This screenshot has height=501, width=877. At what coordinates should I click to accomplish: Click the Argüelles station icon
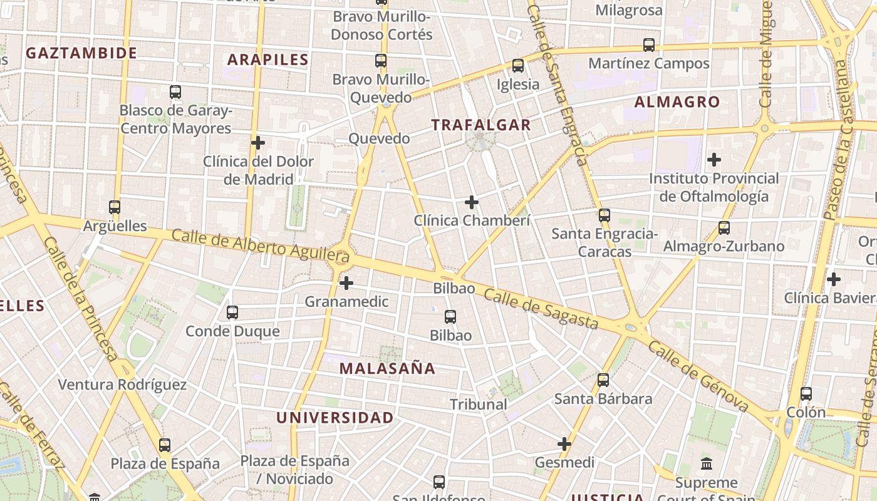(x=115, y=207)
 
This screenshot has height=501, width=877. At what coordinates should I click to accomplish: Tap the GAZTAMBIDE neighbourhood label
(x=81, y=53)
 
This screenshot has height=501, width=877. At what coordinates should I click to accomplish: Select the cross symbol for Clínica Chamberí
(x=472, y=202)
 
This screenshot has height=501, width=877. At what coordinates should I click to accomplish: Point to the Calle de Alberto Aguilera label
(x=260, y=245)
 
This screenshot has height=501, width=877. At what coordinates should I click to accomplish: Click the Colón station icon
(x=806, y=394)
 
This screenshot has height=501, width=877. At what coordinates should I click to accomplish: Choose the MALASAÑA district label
(x=387, y=368)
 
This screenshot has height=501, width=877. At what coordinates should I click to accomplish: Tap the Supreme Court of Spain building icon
(x=707, y=464)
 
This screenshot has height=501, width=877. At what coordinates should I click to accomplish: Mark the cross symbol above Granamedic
(x=346, y=283)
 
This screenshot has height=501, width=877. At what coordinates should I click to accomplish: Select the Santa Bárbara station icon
(x=603, y=380)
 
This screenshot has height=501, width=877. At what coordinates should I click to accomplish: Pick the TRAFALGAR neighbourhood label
(x=481, y=125)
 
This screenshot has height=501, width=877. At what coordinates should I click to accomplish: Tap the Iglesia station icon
(x=518, y=66)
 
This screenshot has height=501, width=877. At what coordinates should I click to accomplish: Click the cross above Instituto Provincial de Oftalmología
(x=714, y=160)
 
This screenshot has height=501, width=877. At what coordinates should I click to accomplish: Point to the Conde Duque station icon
(x=232, y=312)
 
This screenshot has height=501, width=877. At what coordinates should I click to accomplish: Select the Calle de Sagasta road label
(x=541, y=310)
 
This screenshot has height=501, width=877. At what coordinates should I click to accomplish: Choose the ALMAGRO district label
(x=677, y=101)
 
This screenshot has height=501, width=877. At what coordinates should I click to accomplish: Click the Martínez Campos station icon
(x=649, y=45)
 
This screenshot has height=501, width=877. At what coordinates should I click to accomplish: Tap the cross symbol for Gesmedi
(x=564, y=444)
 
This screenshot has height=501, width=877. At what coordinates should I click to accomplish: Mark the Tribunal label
(x=479, y=405)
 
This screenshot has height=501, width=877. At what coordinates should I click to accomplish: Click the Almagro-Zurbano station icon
(x=724, y=228)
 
